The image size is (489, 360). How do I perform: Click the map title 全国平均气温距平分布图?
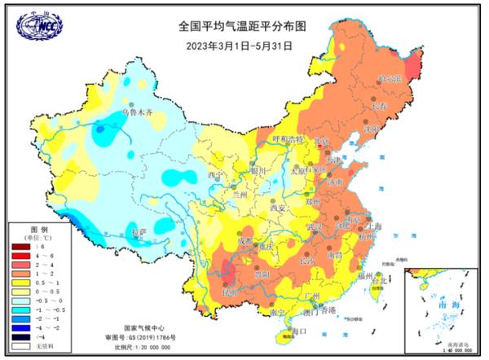tap(244, 26)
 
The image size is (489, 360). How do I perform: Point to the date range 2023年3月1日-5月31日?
tap(244, 45)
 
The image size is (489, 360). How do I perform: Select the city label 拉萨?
tap(139, 232)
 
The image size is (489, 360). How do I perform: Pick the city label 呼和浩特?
tap(287, 140)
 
